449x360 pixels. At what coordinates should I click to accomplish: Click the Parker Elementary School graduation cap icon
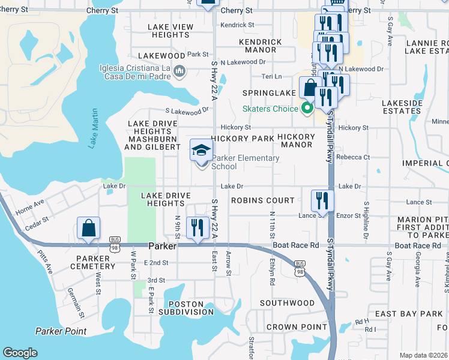pyautogui.click(x=202, y=150)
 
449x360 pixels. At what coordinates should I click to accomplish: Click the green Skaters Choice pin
pyautogui.click(x=307, y=109)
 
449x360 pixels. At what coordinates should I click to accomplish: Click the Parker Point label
pyautogui.click(x=61, y=331)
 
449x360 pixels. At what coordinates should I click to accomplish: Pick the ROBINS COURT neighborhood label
pyautogui.click(x=263, y=200)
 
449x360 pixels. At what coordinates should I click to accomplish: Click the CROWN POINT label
pyautogui.click(x=291, y=327)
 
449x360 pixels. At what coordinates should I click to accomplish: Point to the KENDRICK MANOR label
pyautogui.click(x=260, y=46)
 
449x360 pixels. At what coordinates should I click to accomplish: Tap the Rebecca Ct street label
pyautogui.click(x=353, y=157)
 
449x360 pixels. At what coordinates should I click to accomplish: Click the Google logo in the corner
pyautogui.click(x=20, y=353)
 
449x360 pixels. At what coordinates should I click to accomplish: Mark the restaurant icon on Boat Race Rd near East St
pyautogui.click(x=196, y=229)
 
